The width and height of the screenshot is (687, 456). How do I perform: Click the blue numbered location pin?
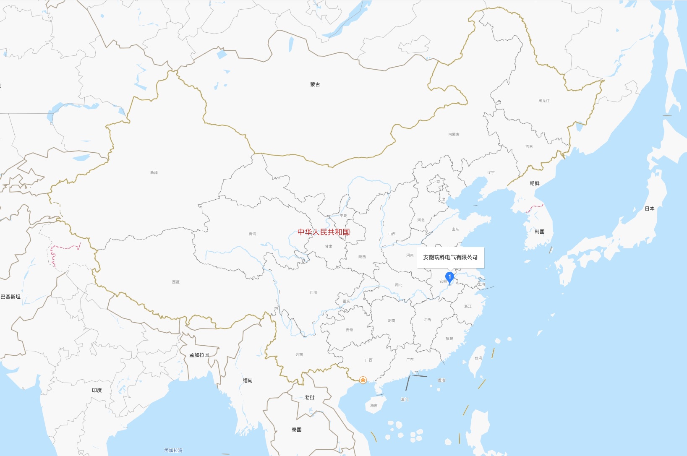tap(449, 277)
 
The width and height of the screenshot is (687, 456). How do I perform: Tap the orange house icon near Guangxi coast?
tap(363, 380)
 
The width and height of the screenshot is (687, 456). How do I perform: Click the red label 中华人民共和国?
tap(324, 232)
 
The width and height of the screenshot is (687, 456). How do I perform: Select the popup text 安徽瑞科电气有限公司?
tap(450, 257)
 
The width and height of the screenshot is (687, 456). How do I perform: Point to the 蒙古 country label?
tap(315, 85)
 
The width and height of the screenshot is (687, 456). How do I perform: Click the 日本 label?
tap(649, 208)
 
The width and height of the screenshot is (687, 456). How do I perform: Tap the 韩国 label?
tap(540, 232)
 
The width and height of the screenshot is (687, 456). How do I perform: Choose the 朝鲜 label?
tap(534, 183)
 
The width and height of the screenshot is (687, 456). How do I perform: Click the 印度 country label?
tap(97, 390)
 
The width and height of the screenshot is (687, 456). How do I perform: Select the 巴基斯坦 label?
tap(10, 297)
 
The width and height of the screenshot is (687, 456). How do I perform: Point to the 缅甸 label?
tap(248, 380)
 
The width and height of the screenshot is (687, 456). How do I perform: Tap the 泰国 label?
tap(297, 430)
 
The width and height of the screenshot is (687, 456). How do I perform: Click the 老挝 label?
tap(310, 397)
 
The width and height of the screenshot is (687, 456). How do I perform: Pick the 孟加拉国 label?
tap(199, 355)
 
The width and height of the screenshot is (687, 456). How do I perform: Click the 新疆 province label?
tap(154, 172)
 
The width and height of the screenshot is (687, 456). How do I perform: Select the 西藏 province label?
tap(176, 282)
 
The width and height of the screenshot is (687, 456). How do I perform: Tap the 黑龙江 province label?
tap(544, 101)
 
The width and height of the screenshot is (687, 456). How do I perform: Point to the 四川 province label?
tap(313, 292)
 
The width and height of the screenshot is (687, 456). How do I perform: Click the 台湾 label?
tap(478, 358)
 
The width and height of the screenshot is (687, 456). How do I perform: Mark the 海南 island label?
tap(374, 405)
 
